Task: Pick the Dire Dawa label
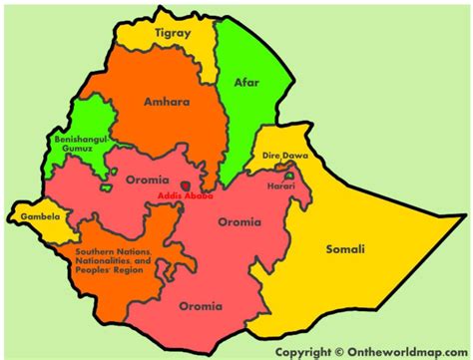284,157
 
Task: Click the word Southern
96,253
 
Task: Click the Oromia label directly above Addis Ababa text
148,181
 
